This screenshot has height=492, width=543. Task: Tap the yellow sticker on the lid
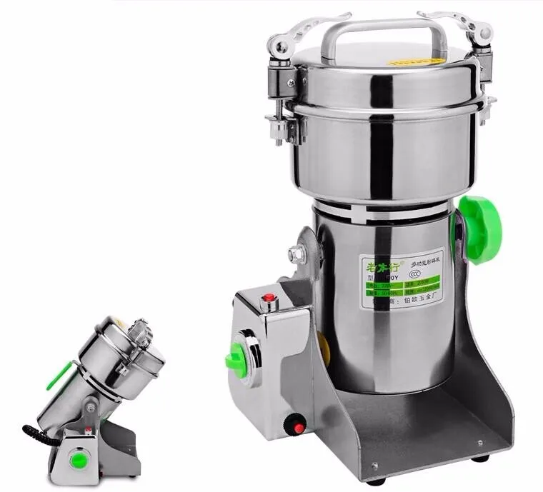407,62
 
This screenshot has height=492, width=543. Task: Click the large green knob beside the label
480,229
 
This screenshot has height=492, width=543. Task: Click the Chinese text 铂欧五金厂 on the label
412,302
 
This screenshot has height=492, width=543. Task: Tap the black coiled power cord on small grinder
36,434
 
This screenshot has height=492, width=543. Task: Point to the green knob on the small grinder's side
59,375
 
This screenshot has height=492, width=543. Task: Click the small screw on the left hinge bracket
291,83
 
